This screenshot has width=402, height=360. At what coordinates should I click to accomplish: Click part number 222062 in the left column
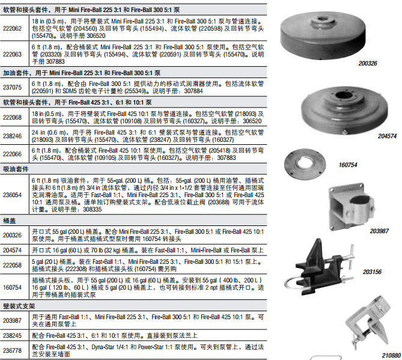click(12, 28)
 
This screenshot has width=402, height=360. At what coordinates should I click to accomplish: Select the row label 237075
click(12, 87)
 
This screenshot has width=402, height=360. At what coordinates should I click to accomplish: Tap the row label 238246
click(12, 136)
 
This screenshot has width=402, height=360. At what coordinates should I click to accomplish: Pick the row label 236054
click(12, 195)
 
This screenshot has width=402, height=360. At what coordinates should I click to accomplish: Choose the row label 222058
click(12, 265)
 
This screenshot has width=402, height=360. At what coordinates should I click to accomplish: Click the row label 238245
click(12, 335)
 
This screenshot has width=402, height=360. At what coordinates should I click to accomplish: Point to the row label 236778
click(12, 350)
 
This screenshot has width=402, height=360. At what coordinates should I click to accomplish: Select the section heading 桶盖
click(10, 221)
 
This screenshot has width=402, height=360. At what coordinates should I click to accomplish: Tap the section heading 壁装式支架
click(19, 306)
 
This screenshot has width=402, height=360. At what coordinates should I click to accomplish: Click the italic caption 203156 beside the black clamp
click(372, 272)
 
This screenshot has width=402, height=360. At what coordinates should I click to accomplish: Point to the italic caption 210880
click(391, 355)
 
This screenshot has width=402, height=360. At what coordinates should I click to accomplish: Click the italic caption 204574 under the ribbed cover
click(387, 136)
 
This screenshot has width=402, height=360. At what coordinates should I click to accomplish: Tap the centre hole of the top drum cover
click(321, 19)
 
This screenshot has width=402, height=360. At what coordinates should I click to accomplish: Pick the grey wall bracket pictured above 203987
click(351, 207)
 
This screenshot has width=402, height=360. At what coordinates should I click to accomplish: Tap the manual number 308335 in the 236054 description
click(93, 210)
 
